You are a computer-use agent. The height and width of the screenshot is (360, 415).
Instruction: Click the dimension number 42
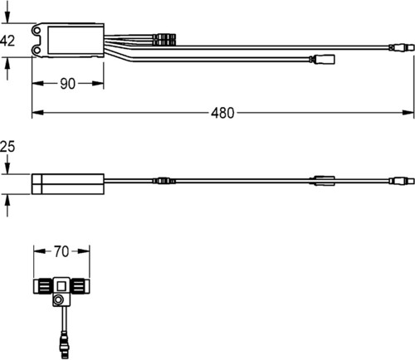pos(7,41)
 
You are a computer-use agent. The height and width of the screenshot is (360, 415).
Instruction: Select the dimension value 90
pos(67,84)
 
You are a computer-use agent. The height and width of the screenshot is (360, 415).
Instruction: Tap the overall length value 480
pos(222,113)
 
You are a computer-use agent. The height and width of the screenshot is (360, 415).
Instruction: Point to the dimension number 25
pos(7,147)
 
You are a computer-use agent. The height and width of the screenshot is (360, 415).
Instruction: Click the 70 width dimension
pos(61,251)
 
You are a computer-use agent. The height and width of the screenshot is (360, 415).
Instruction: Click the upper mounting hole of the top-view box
pos(37,30)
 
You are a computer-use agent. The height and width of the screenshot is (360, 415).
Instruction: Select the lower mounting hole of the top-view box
pos(37,50)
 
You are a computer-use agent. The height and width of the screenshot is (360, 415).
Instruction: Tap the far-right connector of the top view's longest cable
pos(402,47)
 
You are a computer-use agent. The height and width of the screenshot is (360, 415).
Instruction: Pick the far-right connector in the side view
pos(402,181)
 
